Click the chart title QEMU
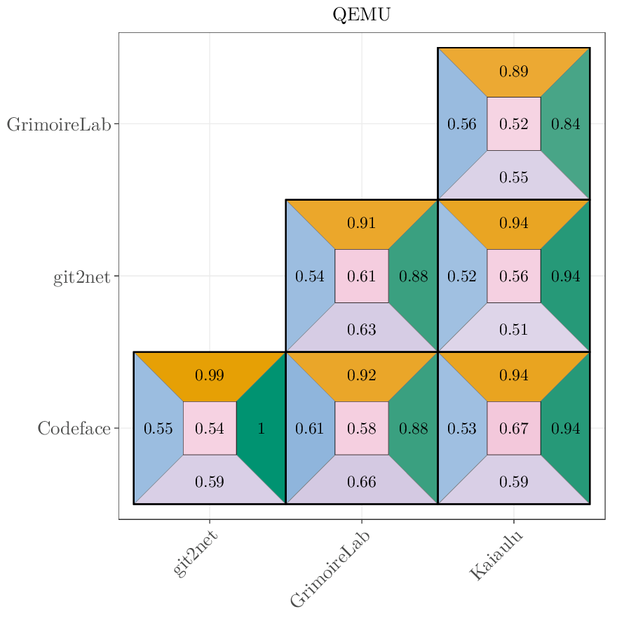point(361,15)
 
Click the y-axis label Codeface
point(74,428)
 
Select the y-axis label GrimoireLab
point(59,124)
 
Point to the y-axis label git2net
point(81,276)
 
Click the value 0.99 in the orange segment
point(210,375)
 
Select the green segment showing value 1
point(262,428)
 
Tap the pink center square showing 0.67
point(514,428)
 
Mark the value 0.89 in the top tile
point(514,72)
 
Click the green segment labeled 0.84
point(565,124)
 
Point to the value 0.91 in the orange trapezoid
point(362,224)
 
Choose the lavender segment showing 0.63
point(362,329)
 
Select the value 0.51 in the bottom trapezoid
point(514,329)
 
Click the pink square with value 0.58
point(362,428)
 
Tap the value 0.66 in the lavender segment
point(362,481)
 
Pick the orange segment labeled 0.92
point(362,375)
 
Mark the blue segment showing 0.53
point(462,428)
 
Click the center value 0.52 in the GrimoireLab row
point(514,124)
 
